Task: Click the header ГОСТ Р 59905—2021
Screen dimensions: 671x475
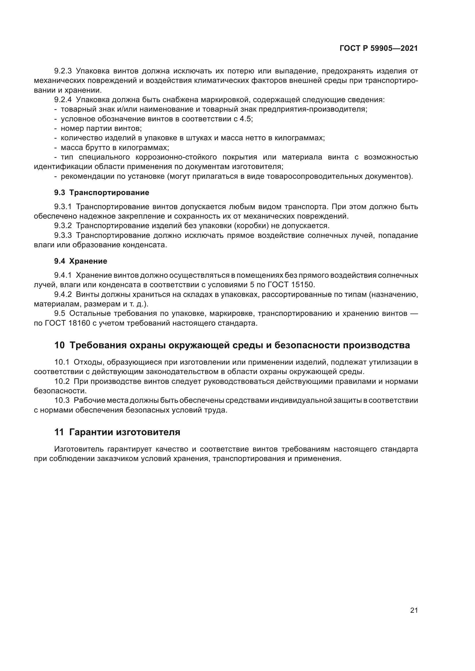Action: tap(379, 48)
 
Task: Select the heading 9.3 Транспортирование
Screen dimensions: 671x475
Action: tap(101, 192)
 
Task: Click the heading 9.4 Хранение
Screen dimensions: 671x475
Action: tap(80, 261)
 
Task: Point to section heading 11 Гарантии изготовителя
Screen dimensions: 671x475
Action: tap(117, 432)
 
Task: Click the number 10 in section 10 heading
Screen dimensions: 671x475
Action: tap(59, 345)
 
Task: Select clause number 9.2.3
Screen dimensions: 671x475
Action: tap(63, 71)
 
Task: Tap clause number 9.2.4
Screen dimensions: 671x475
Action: tap(63, 100)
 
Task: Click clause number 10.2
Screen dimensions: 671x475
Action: tap(62, 381)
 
